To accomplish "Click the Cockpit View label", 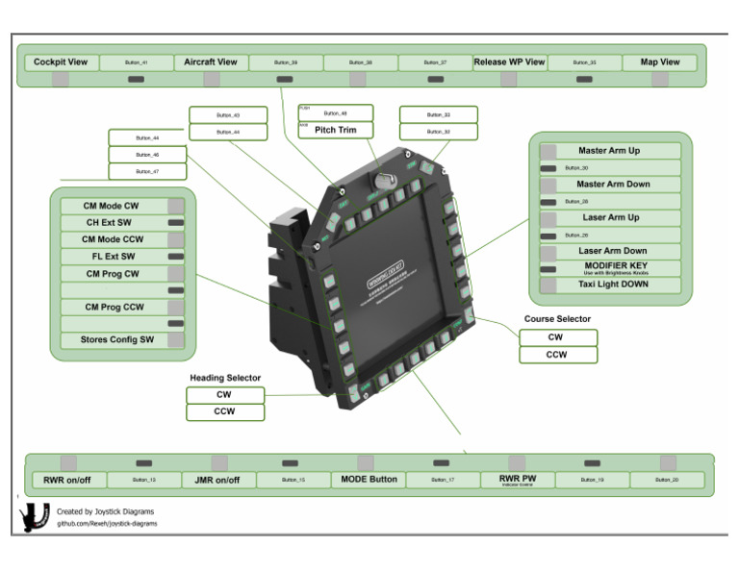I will [61, 62].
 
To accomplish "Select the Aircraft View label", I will [211, 62].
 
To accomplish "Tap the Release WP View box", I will [509, 62].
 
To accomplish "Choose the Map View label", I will [660, 62].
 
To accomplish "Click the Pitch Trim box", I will [335, 130].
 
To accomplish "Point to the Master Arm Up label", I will [609, 151].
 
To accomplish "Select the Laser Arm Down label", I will [612, 251].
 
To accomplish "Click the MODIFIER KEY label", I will [609, 268].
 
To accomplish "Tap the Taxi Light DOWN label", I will [612, 285].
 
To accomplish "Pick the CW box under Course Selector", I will [557, 337].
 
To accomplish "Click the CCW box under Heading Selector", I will [224, 411].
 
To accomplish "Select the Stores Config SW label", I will [118, 340].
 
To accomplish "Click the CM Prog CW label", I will [112, 274].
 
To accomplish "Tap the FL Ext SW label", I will [112, 257].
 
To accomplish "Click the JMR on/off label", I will [217, 480].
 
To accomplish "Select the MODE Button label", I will [369, 480].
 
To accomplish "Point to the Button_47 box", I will [147, 171].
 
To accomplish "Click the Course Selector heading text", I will [557, 319].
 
